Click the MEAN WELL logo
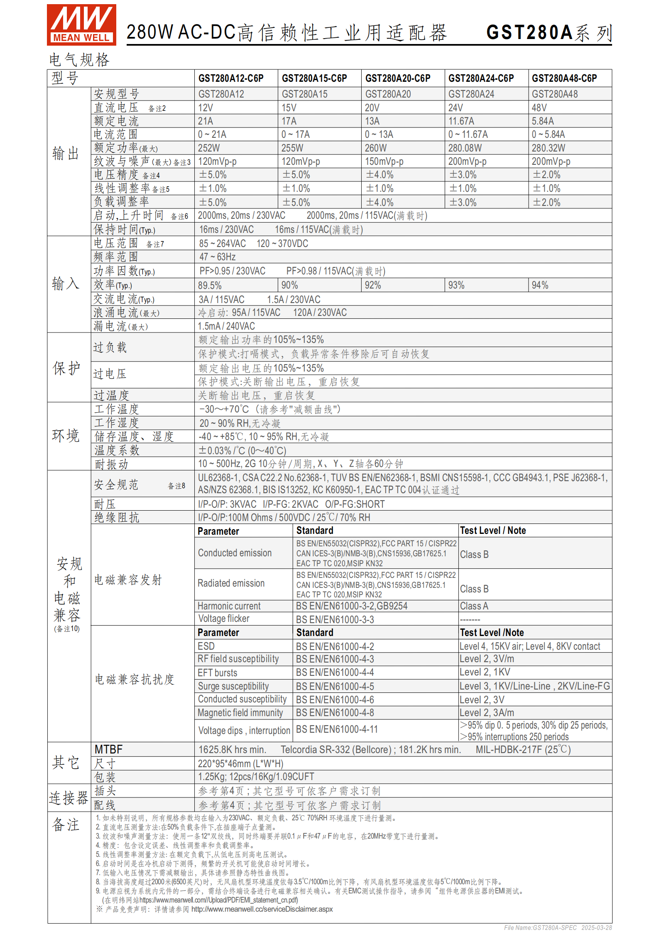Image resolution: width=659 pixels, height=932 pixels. [x=81, y=24]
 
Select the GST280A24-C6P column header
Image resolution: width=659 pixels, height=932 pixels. [x=481, y=78]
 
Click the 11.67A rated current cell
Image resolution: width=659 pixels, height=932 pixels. [x=461, y=121]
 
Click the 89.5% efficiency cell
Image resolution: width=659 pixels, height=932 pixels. [x=210, y=285]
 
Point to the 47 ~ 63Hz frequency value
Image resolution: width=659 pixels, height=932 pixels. [x=217, y=257]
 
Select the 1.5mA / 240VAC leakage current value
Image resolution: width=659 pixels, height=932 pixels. [x=226, y=326]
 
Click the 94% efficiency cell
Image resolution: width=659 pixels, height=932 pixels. [x=540, y=285]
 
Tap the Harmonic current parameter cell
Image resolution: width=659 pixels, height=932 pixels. [x=229, y=606]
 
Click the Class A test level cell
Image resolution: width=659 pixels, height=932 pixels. [x=474, y=606]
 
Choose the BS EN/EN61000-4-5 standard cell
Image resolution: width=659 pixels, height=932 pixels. [x=335, y=686]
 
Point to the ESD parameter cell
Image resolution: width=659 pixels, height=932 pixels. [x=206, y=646]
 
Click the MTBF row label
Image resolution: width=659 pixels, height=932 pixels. [x=109, y=749]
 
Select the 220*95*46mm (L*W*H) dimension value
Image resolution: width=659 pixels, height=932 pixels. [x=240, y=763]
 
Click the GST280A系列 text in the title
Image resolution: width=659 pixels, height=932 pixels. [x=549, y=32]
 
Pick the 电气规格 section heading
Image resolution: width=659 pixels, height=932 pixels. [x=79, y=60]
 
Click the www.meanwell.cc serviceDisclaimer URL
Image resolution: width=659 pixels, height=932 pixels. [x=262, y=909]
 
